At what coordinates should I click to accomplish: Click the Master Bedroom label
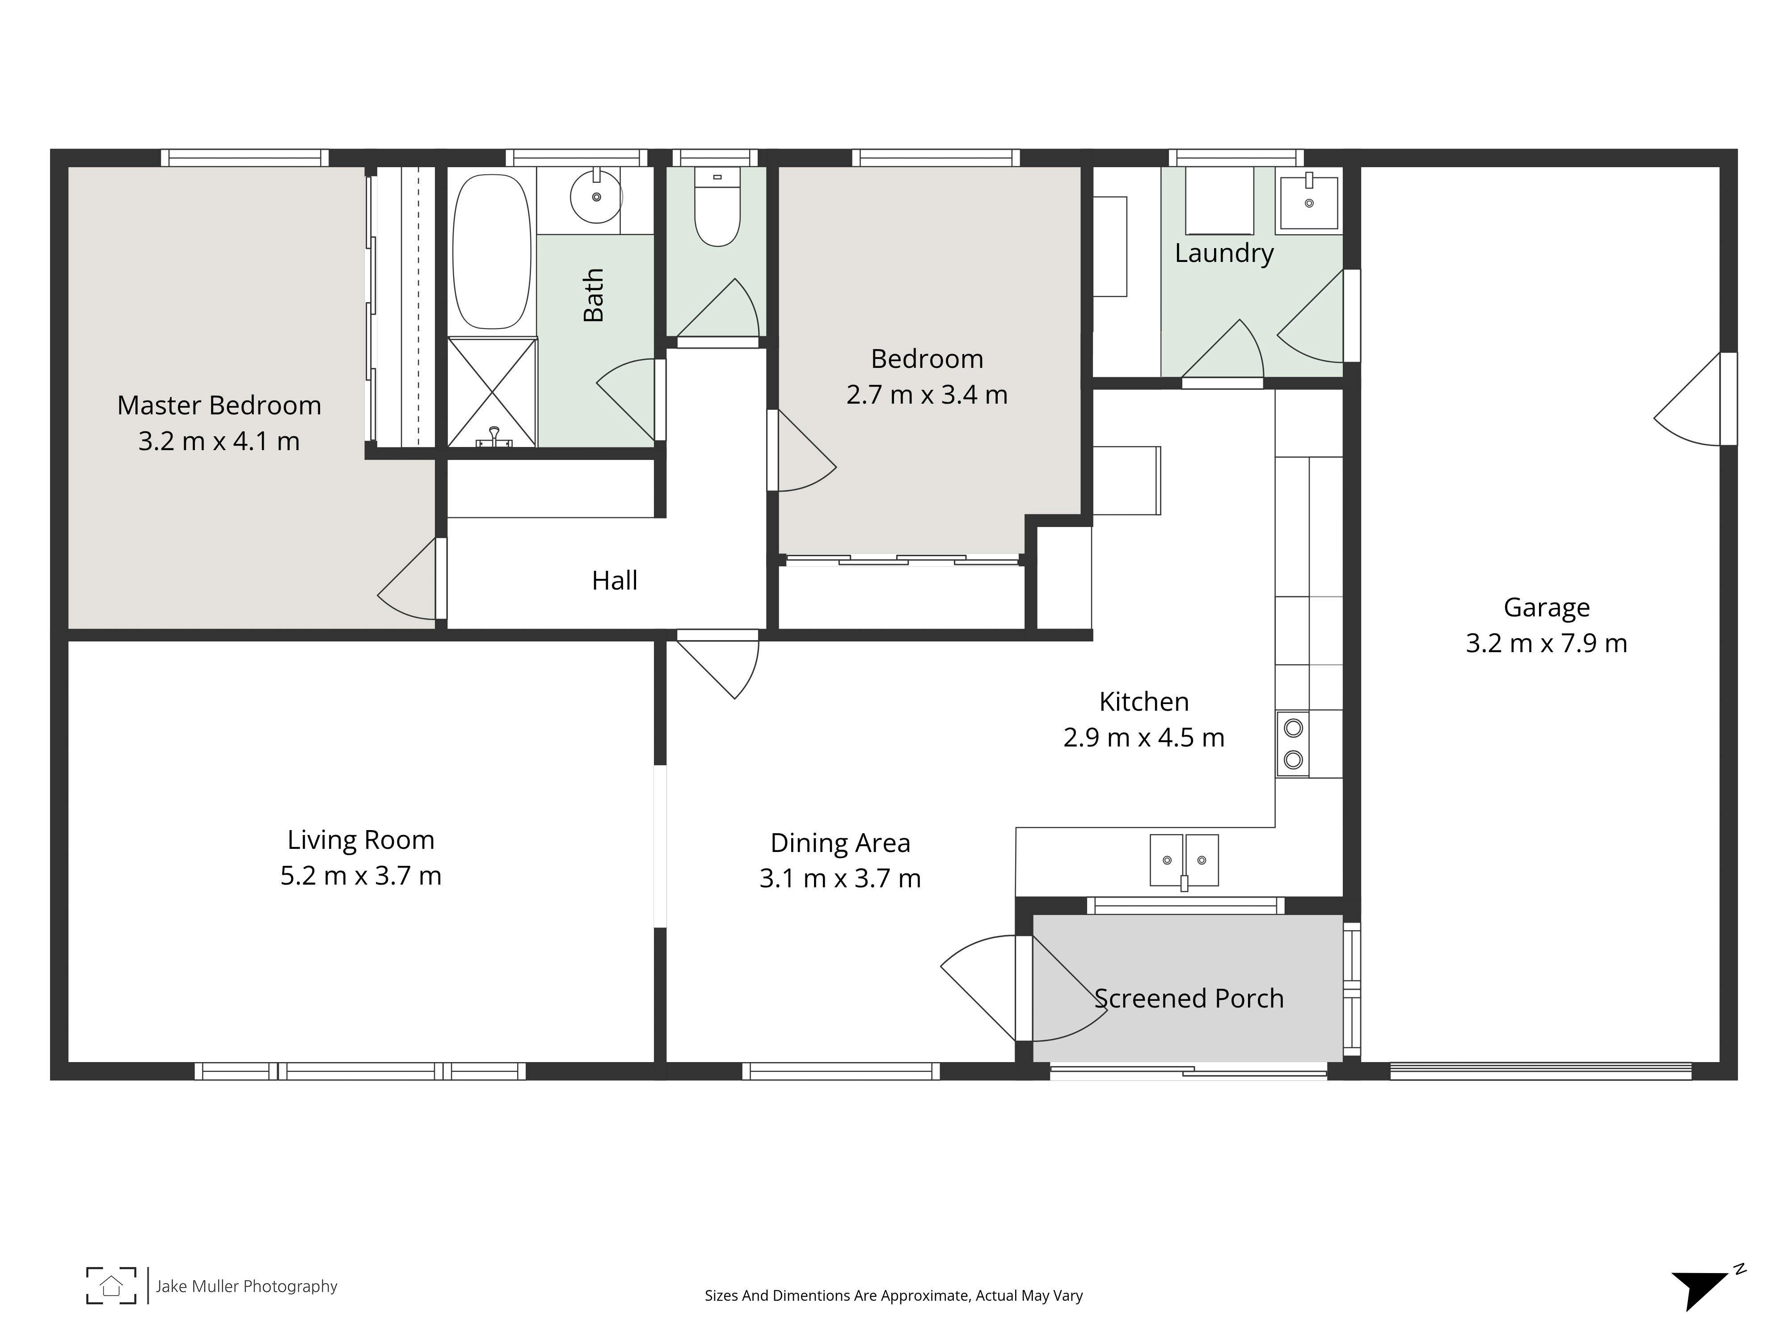pyautogui.click(x=219, y=405)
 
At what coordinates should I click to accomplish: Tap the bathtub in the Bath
pyautogui.click(x=491, y=251)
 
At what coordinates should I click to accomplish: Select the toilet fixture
pyautogui.click(x=717, y=207)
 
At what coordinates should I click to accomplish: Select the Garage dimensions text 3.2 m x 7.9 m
pyautogui.click(x=1546, y=643)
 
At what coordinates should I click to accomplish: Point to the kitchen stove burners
pyautogui.click(x=1293, y=744)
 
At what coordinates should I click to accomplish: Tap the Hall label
pyautogui.click(x=614, y=580)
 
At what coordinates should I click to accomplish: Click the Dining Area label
pyautogui.click(x=841, y=843)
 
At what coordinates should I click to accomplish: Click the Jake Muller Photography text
pyautogui.click(x=247, y=1286)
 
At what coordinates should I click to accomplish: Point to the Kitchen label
pyautogui.click(x=1144, y=702)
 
